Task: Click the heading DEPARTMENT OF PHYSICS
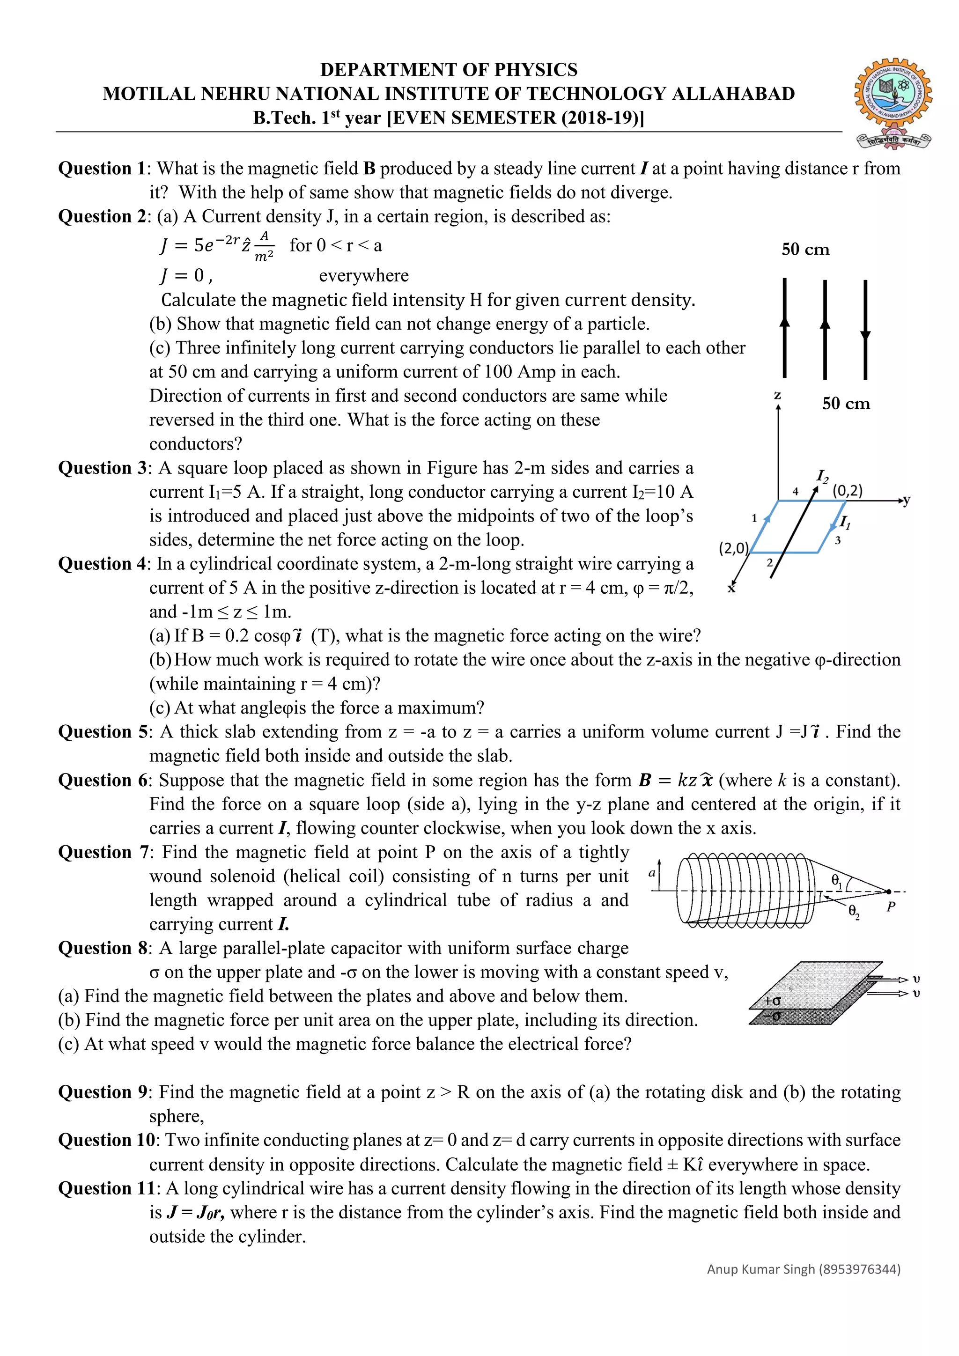[449, 70]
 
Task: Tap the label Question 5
[103, 732]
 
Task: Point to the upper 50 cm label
[805, 250]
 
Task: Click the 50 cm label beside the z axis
[846, 404]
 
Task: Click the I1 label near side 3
[845, 522]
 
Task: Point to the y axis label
[907, 501]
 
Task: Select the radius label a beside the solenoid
[652, 873]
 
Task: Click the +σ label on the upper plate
[772, 1001]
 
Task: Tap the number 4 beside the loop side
[796, 491]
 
